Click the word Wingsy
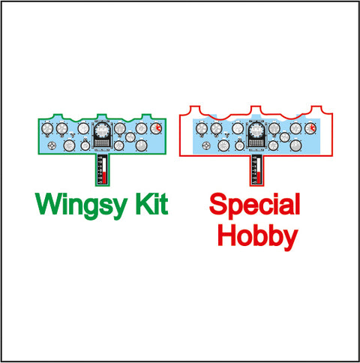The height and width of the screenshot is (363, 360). pyautogui.click(x=81, y=206)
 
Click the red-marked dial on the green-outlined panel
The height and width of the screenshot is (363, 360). pyautogui.click(x=156, y=128)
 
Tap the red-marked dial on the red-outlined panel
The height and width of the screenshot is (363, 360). pyautogui.click(x=310, y=128)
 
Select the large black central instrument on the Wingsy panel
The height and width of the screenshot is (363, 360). pyautogui.click(x=102, y=135)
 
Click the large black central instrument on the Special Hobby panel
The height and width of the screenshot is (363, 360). pyautogui.click(x=256, y=135)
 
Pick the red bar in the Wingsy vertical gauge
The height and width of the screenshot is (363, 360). pyautogui.click(x=104, y=178)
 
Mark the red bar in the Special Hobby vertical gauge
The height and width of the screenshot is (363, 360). pyautogui.click(x=259, y=178)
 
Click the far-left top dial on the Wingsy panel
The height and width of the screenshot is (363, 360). pyautogui.click(x=47, y=129)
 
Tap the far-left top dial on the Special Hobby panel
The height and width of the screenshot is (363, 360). pyautogui.click(x=202, y=129)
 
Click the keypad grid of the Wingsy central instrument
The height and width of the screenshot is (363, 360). pyautogui.click(x=102, y=143)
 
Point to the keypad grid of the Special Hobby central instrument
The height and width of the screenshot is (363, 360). pyautogui.click(x=256, y=143)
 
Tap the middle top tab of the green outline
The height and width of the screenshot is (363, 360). pyautogui.click(x=102, y=116)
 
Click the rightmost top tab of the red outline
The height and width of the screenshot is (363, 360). pyautogui.click(x=316, y=109)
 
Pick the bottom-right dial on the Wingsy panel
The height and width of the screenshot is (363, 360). pyautogui.click(x=141, y=145)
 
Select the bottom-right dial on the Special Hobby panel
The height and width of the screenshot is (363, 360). pyautogui.click(x=295, y=145)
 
